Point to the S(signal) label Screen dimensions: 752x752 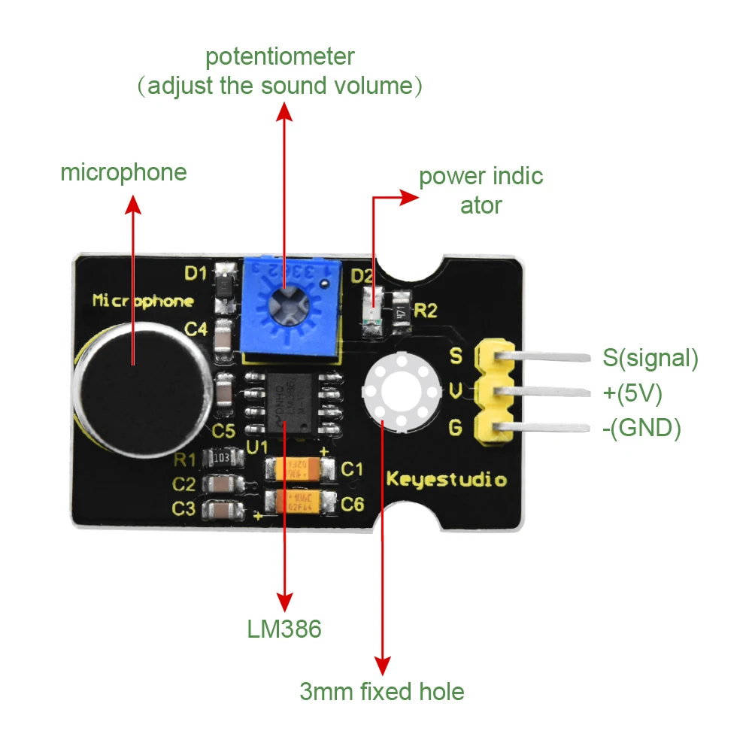(650, 358)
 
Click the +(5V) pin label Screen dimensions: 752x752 (632, 393)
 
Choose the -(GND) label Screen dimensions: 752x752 (641, 429)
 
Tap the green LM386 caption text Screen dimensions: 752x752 (284, 629)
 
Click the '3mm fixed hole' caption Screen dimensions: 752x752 (381, 691)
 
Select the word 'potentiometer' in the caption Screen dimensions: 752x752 (280, 56)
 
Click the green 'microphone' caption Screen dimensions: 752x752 (123, 172)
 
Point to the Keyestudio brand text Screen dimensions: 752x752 (447, 479)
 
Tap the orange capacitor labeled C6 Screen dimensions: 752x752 (299, 502)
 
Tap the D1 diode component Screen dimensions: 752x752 (223, 288)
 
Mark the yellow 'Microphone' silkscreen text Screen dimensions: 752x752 (143, 301)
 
